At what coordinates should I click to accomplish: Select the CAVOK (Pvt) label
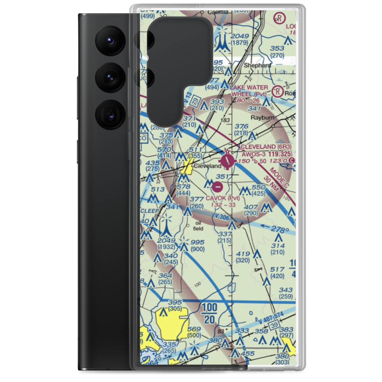coord(223,198)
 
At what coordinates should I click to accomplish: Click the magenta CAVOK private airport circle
coord(217,187)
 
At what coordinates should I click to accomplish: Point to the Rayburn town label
coord(262,118)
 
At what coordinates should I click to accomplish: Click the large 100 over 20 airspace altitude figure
coord(209,313)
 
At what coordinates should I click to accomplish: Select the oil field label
coord(198,226)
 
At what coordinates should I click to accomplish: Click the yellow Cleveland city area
coord(187,167)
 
